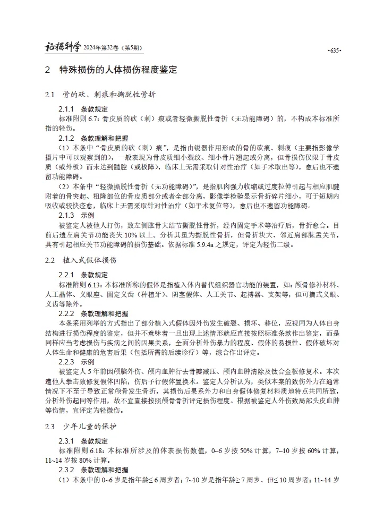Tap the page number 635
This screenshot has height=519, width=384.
pyautogui.click(x=334, y=50)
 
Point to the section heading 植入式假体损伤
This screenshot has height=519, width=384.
pyautogui.click(x=93, y=261)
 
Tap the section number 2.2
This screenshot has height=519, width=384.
pyautogui.click(x=50, y=261)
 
